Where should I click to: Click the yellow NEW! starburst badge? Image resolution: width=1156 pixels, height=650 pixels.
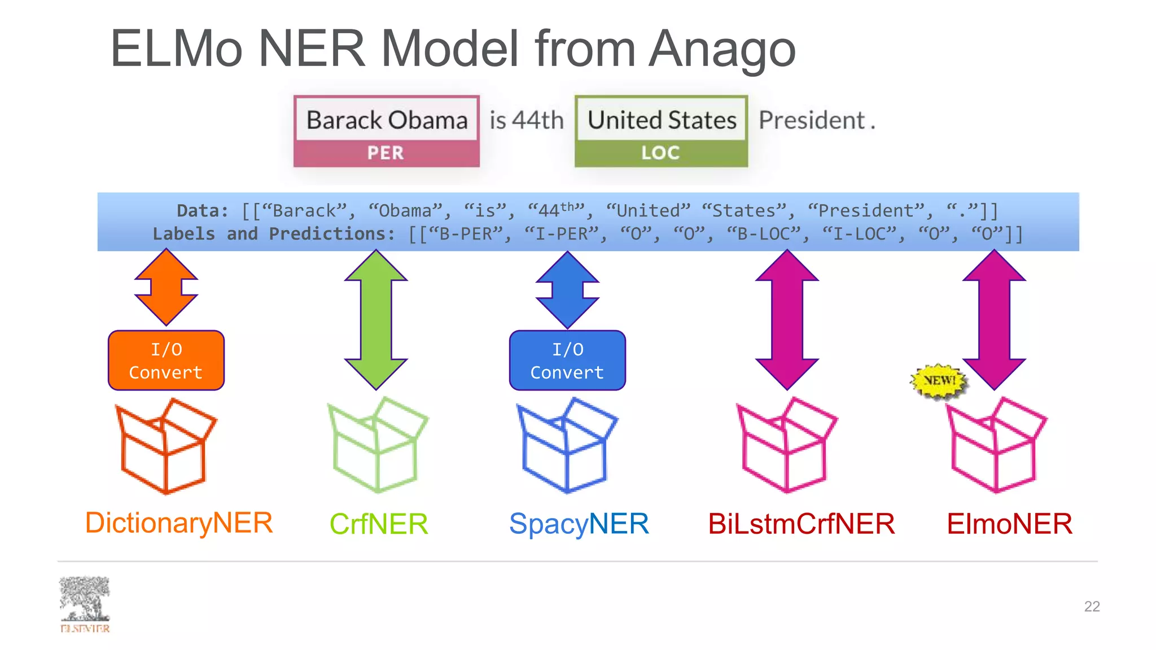939,381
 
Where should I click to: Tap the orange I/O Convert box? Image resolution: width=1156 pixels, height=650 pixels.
166,361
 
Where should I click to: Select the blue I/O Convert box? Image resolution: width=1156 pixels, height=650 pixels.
567,361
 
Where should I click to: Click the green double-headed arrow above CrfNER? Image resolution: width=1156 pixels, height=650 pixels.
376,319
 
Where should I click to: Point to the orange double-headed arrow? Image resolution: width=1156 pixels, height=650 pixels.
166,288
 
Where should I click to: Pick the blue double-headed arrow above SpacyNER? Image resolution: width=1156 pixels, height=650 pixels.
567,289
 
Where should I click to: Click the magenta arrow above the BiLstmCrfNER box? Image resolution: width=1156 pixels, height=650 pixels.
787,319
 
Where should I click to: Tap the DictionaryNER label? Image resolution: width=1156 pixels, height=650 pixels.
179,522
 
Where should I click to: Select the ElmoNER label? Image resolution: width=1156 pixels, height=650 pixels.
1009,524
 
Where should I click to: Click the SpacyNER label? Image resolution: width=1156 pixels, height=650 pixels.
579,524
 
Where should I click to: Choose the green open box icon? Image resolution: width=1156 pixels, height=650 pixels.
377,446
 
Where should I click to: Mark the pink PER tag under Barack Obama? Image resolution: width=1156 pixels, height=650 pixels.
386,153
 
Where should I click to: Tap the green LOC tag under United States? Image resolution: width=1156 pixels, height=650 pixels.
660,153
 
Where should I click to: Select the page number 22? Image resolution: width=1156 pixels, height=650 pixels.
1092,607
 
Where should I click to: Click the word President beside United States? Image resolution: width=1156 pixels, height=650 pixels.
811,120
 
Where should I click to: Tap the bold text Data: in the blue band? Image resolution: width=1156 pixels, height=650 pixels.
203,211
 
